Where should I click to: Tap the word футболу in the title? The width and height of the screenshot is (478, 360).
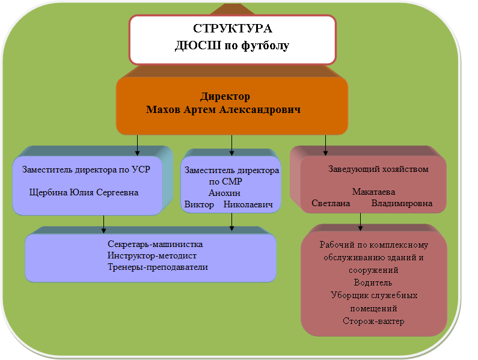(265, 46)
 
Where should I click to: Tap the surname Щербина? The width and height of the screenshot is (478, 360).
(48, 193)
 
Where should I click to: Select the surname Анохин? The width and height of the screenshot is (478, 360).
(224, 193)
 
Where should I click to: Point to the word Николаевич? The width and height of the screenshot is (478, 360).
(248, 204)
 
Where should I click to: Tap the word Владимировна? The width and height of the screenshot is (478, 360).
(402, 203)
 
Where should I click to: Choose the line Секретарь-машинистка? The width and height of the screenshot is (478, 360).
(155, 245)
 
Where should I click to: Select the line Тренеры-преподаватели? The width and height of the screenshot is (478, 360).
(158, 267)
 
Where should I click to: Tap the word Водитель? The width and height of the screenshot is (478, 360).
(373, 282)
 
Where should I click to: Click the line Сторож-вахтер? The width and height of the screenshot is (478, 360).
(373, 321)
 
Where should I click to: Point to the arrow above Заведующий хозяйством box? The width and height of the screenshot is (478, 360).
(326, 144)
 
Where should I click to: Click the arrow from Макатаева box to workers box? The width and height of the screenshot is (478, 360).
(361, 221)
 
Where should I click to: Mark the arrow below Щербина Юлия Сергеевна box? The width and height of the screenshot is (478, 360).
(104, 223)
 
